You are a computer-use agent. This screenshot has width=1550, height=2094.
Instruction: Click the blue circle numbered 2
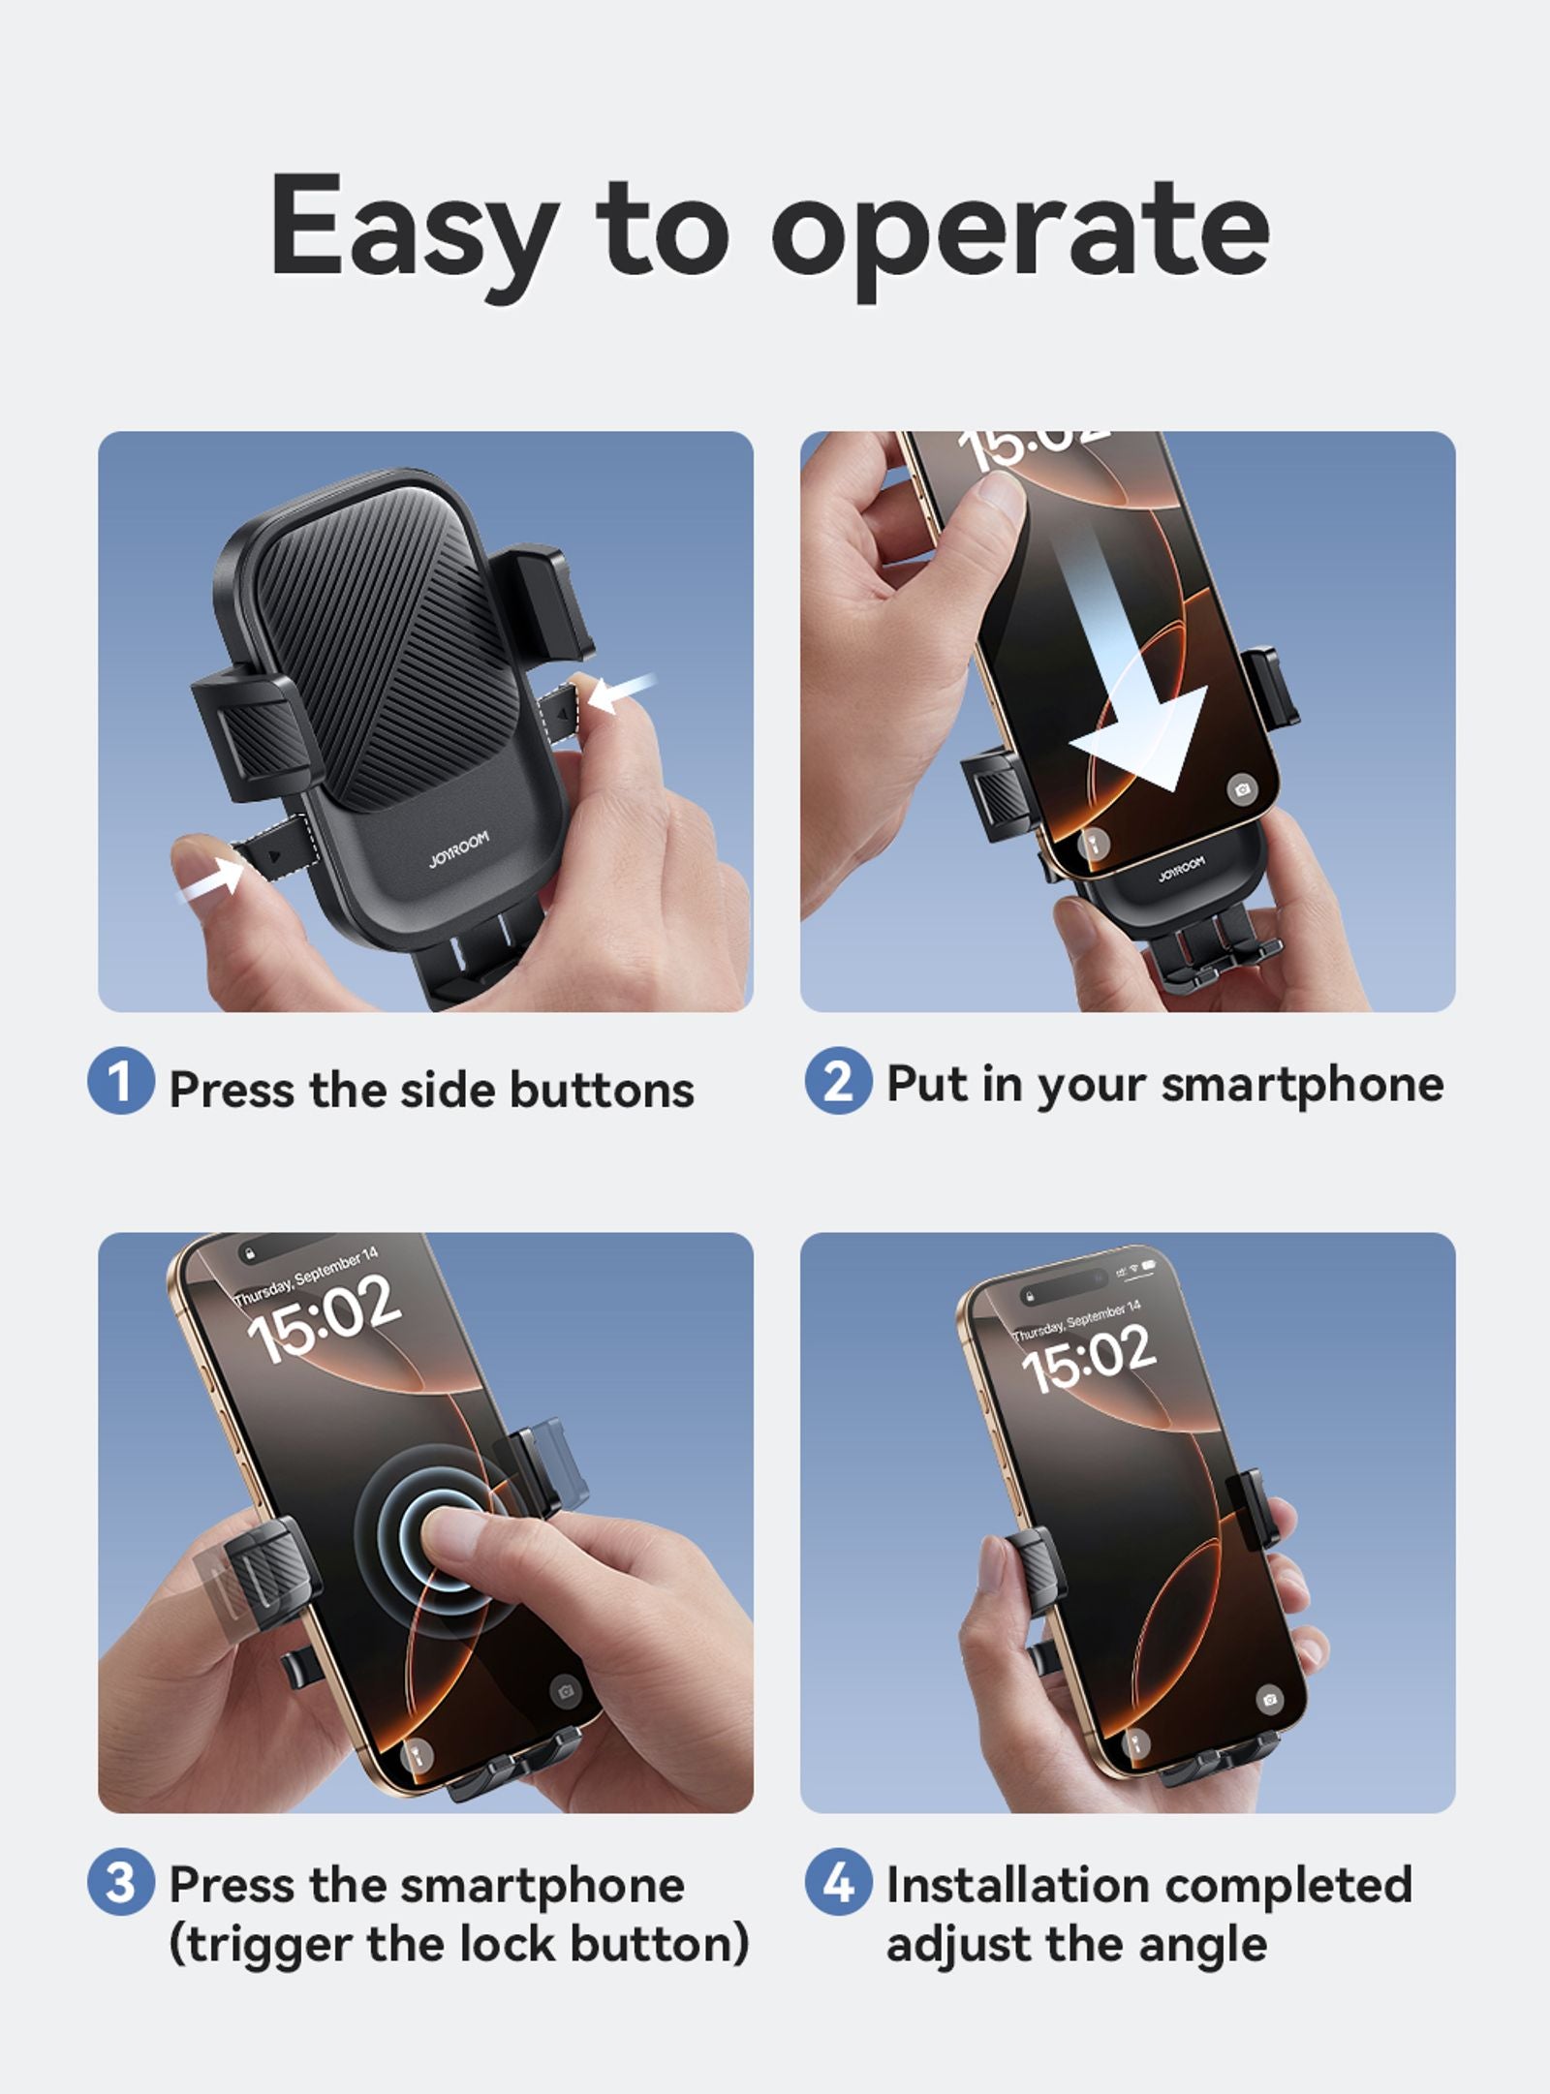pos(838,1080)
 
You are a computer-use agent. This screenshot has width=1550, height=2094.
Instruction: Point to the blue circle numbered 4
pos(838,1882)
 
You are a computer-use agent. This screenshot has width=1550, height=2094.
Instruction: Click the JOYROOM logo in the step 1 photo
pos(459,848)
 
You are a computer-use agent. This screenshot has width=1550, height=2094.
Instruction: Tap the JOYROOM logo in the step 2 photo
pos(1181,869)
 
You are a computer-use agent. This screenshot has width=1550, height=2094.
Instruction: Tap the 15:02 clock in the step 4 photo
pos(1089,1360)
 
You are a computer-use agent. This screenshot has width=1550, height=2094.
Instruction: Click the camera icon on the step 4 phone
pos(1268,1699)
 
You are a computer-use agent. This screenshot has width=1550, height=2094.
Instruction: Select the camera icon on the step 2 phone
pos(1241,789)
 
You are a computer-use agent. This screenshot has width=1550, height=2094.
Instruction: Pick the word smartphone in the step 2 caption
pos(1302,1084)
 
